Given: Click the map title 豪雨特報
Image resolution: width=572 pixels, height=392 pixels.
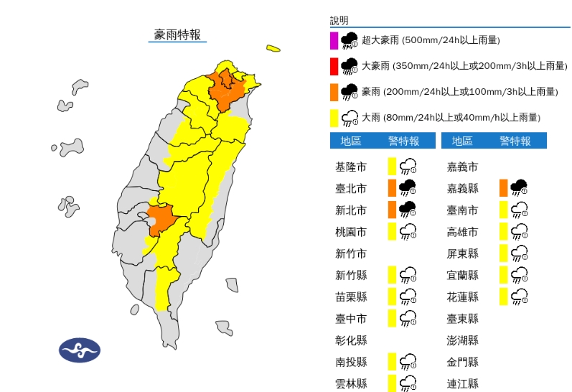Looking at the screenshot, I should [177, 34].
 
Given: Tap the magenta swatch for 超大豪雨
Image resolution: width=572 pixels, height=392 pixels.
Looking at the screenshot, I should [334, 40].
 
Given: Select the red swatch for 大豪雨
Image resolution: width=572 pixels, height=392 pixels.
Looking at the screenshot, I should [334, 67].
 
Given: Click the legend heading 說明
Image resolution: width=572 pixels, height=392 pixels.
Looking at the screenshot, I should [338, 20].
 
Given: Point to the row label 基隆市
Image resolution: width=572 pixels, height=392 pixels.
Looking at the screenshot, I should [351, 167].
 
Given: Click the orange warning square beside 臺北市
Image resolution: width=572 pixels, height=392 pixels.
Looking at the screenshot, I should [392, 188].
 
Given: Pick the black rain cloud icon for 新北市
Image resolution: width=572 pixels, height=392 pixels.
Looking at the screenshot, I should [408, 210].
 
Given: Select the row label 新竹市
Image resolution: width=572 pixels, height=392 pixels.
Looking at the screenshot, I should [351, 253].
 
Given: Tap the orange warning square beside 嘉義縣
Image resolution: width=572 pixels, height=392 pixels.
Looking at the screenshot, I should [504, 188].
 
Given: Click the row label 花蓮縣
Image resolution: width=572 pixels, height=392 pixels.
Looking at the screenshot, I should [462, 297].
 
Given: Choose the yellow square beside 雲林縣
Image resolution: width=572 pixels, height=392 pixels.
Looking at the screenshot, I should [392, 383].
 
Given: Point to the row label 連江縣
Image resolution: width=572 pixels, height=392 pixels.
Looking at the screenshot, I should [462, 383].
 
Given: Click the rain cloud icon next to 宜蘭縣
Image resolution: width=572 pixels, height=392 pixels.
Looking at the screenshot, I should [520, 275].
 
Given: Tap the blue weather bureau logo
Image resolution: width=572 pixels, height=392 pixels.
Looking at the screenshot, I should [79, 350].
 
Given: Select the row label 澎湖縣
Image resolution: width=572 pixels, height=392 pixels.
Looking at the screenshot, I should [462, 340].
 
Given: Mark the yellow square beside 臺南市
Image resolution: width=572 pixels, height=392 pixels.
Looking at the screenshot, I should [504, 210].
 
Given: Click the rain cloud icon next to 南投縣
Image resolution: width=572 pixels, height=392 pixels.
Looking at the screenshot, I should [408, 361].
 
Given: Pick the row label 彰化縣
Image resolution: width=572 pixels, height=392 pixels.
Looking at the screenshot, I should [351, 340].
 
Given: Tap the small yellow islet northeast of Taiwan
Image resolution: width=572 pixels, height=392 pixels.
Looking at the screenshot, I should [273, 49].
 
